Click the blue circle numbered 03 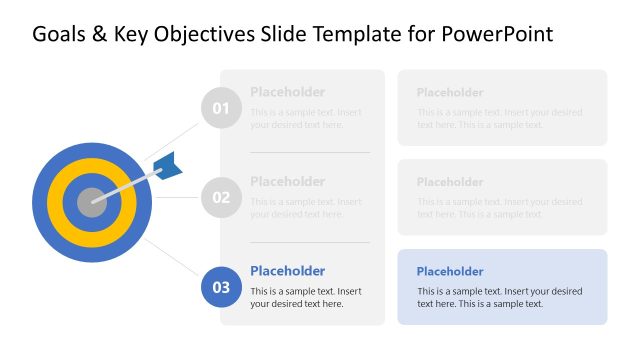tap(221, 287)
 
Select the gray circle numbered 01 tap(221, 108)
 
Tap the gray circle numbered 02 tap(221, 198)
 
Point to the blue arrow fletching tap(169, 166)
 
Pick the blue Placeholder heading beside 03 tap(287, 271)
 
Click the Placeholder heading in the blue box tap(450, 271)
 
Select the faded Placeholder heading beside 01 tap(287, 92)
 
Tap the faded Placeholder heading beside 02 tap(287, 181)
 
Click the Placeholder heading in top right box tap(450, 92)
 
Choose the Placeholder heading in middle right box tap(450, 182)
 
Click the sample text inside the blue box tap(499, 297)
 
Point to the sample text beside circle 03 tap(305, 297)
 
